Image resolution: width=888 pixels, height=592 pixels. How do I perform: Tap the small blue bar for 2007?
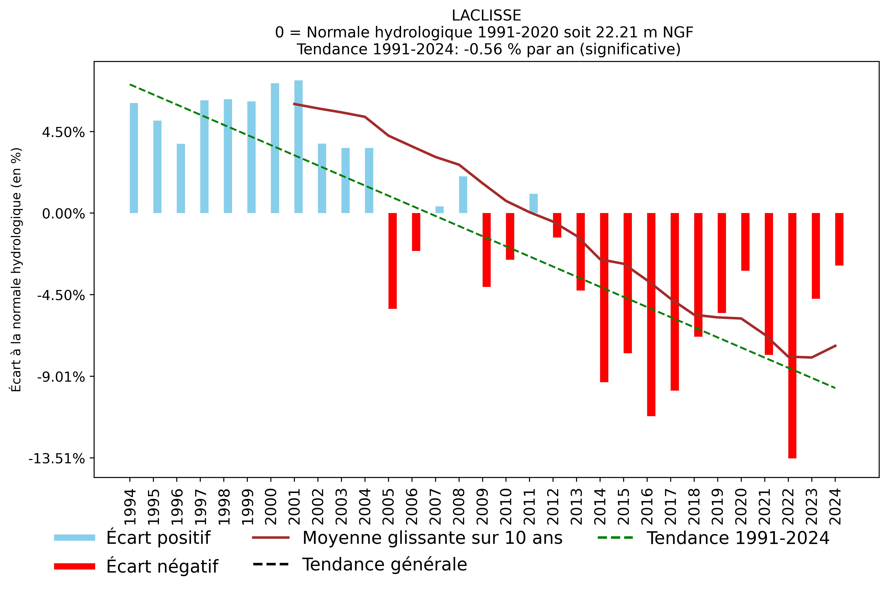point(440,210)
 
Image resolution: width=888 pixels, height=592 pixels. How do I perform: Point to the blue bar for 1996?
point(181,179)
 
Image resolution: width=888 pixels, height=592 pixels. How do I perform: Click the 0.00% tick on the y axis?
point(63,214)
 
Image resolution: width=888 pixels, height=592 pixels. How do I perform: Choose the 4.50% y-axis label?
point(63,132)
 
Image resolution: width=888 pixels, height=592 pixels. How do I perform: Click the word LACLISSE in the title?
point(486,15)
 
